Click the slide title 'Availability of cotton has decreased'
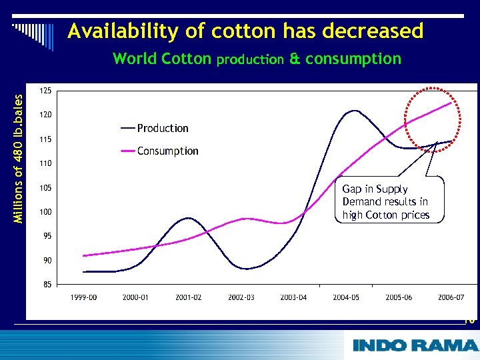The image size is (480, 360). (x=245, y=31)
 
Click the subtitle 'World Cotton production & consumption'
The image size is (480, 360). (x=257, y=59)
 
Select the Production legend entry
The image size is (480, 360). (x=155, y=128)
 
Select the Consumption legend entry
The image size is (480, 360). (x=159, y=151)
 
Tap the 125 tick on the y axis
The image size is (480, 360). (x=46, y=91)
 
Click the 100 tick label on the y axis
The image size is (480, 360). (x=46, y=212)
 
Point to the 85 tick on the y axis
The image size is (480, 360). (x=46, y=285)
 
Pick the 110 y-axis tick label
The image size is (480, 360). (x=46, y=163)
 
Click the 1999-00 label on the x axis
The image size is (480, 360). (x=84, y=297)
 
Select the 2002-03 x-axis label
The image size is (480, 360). (x=242, y=297)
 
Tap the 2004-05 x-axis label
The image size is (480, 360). (x=346, y=297)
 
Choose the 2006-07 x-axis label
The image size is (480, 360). (x=451, y=297)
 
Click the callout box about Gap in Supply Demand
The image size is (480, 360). (x=385, y=201)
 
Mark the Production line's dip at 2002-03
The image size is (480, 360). (x=245, y=269)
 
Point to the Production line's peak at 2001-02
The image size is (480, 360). (x=189, y=218)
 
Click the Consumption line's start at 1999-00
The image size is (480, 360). (x=84, y=255)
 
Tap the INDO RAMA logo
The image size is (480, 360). (x=415, y=345)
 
